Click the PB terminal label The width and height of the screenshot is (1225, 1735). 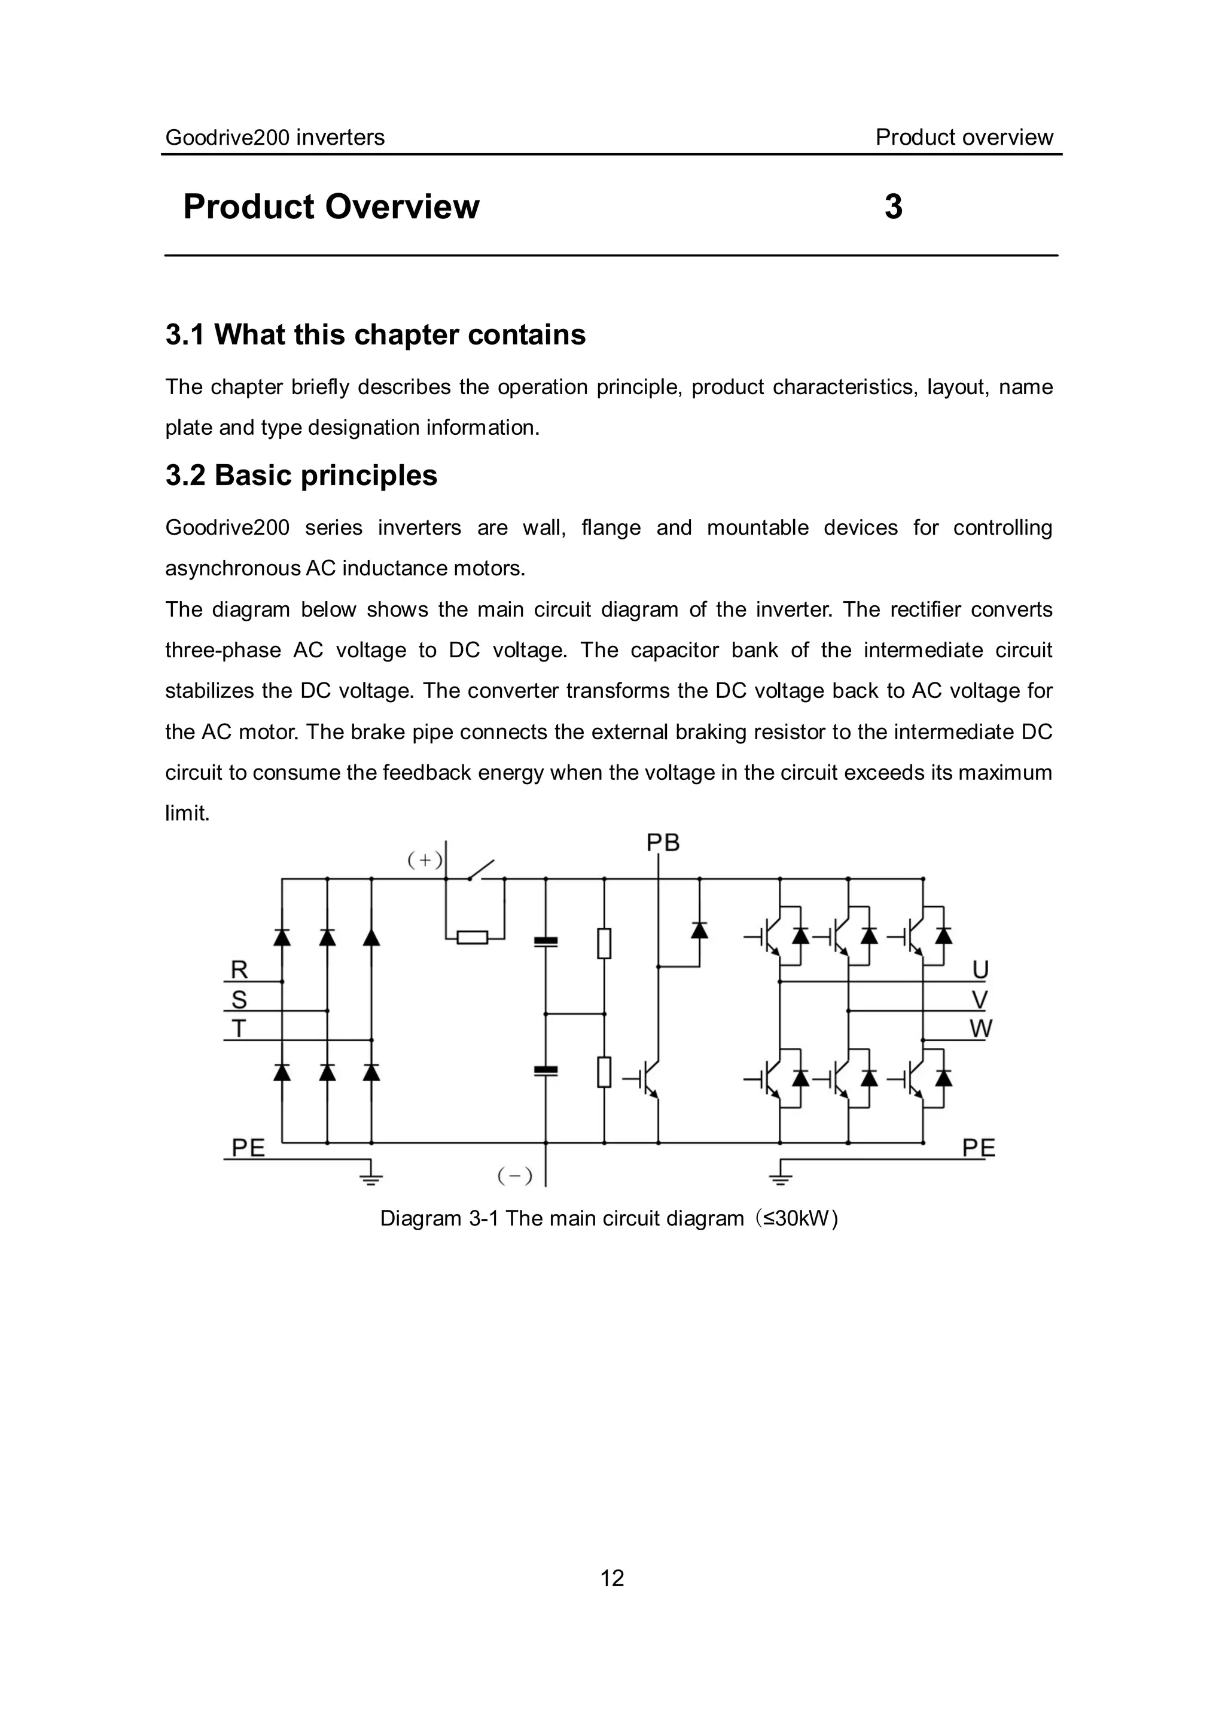coord(663,843)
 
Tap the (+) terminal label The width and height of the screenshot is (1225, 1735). coord(425,859)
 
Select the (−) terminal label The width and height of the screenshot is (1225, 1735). coord(514,1176)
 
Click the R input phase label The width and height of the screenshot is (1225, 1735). coord(239,969)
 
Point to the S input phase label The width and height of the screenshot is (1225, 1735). coord(239,1000)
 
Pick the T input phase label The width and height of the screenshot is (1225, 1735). coord(239,1029)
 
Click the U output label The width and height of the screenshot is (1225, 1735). coord(980,969)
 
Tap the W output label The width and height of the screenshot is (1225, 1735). coord(981,1029)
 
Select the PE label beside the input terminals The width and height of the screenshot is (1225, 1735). coord(248,1148)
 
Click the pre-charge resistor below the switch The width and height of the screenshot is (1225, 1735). coord(473,938)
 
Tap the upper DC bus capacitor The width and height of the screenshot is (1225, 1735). coord(546,941)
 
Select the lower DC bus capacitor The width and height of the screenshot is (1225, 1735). coord(546,1070)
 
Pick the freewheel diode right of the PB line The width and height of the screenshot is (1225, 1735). coord(700,930)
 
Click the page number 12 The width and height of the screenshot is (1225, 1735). coord(612,1578)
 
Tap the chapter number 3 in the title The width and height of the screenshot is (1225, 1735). coord(893,207)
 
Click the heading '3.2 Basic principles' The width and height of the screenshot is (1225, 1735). coord(301,475)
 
